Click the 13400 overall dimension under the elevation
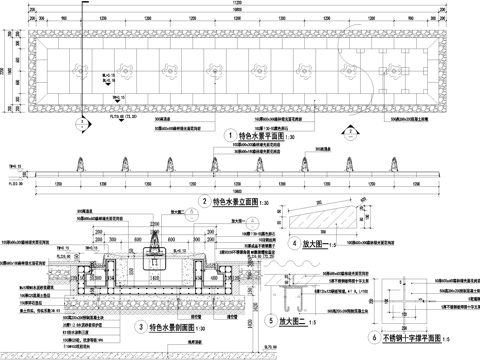pyautogui.click(x=240, y=189)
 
